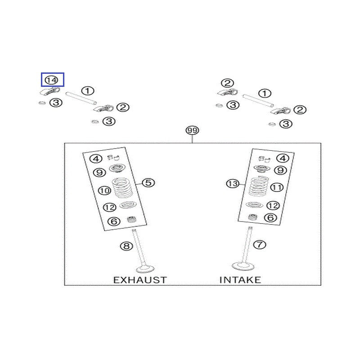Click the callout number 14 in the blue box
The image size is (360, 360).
point(52,80)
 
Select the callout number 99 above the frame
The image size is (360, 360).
point(192,131)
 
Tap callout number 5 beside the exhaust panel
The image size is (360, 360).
point(149,182)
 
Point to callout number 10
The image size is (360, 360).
point(104,191)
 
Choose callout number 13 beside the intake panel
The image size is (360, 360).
point(232,184)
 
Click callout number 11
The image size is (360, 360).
point(276,187)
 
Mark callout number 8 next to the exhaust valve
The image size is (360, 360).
point(126,246)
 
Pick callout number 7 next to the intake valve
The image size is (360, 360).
point(260,245)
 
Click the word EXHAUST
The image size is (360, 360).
point(139,280)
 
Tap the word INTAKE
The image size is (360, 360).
point(240,280)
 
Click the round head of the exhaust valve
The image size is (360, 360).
point(144,269)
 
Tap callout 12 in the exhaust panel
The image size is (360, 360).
point(110,207)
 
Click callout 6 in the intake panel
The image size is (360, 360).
point(270,218)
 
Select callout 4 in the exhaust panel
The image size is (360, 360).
point(96,158)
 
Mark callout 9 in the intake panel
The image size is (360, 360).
point(280,170)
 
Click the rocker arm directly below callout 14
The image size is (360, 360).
point(47,92)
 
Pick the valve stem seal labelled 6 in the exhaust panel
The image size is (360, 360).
point(132,220)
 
